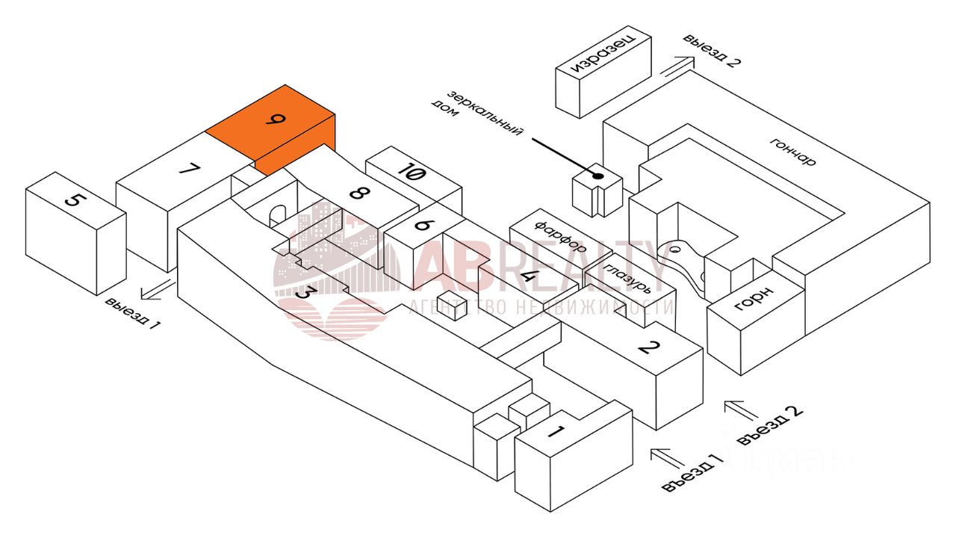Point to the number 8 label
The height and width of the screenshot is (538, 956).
click(x=359, y=194)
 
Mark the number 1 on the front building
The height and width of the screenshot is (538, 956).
click(x=556, y=431)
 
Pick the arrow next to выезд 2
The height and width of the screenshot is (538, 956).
click(x=676, y=65)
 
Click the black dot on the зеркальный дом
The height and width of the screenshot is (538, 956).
click(x=597, y=176)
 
